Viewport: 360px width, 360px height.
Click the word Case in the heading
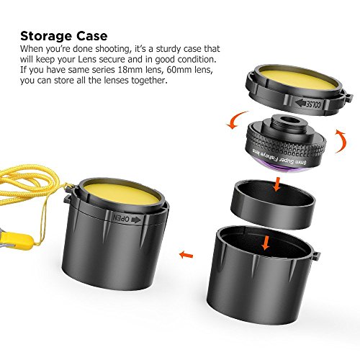92,36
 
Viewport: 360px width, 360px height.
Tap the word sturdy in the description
168,49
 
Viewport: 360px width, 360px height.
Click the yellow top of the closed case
122,194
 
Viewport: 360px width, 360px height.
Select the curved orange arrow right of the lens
342,142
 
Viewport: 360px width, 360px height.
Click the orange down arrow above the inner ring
277,184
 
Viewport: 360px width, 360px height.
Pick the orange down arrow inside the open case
266,243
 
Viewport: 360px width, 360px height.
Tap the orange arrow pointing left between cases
186,254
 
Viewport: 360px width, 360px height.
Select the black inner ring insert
273,204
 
